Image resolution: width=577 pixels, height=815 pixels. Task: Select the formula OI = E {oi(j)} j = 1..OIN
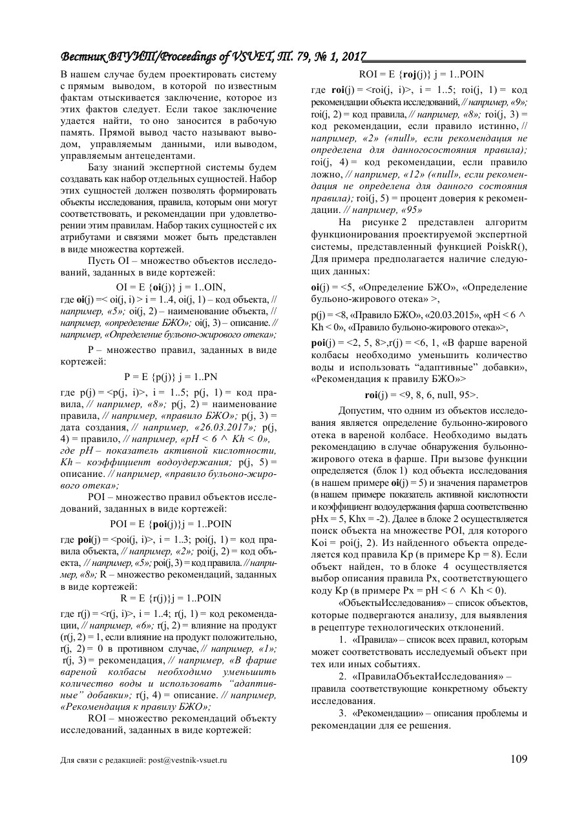pyautogui.click(x=170, y=287)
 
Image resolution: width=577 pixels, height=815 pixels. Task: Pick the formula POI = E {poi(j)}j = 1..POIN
pyautogui.click(x=170, y=523)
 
